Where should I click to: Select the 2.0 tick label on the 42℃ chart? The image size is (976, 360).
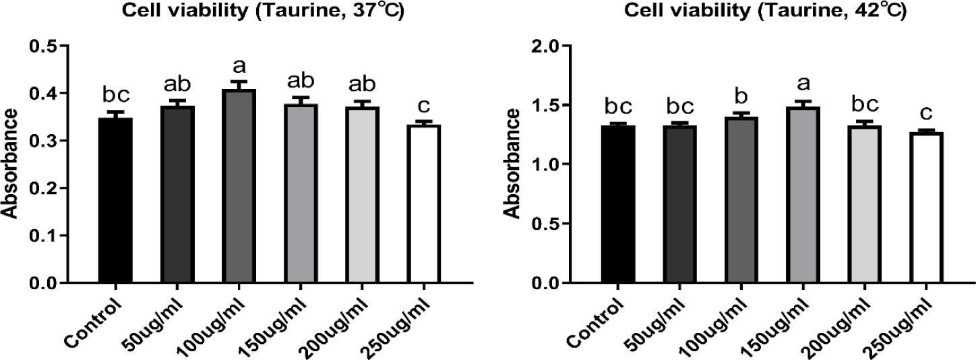(x=549, y=46)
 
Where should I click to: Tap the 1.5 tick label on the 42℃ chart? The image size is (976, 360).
(x=549, y=105)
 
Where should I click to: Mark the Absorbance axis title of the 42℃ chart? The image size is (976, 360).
(x=514, y=166)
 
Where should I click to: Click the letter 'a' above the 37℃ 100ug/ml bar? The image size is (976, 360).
(x=239, y=67)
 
